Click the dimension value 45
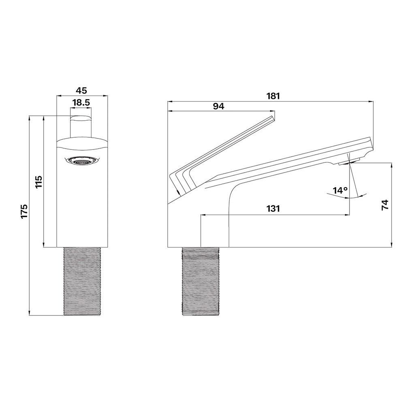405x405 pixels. (x=81, y=90)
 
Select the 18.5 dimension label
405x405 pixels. (x=81, y=102)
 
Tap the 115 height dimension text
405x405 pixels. (x=38, y=182)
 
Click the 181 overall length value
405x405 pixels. (x=273, y=96)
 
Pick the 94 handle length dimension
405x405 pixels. (x=219, y=106)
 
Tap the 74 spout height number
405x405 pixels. (x=385, y=205)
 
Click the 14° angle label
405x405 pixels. (x=340, y=191)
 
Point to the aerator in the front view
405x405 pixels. (x=82, y=160)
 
